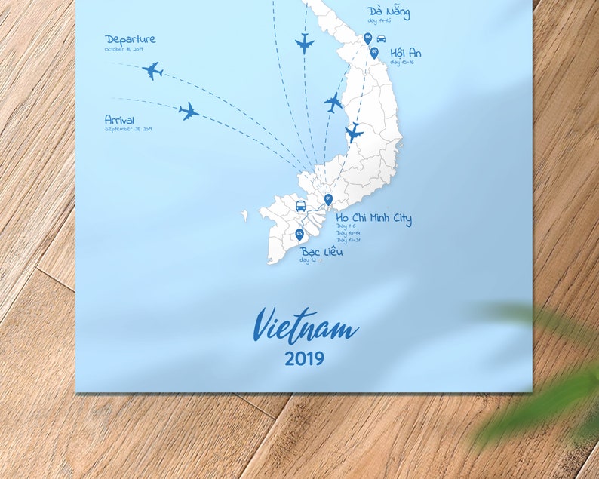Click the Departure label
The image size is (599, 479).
click(131, 39)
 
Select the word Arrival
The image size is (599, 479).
click(121, 119)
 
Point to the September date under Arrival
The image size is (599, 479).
click(128, 129)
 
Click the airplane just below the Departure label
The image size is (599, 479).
click(152, 71)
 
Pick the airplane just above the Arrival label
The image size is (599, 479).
click(189, 112)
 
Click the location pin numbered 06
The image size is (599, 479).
click(368, 38)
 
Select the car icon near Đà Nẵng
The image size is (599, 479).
click(381, 38)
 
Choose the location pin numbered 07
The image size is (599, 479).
click(374, 52)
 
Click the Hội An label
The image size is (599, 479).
click(406, 53)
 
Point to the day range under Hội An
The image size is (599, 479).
click(402, 63)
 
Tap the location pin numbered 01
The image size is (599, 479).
click(328, 199)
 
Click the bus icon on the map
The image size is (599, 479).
click(300, 206)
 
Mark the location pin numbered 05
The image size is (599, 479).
click(299, 234)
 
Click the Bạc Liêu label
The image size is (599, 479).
click(322, 251)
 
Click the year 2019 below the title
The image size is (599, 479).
click(305, 358)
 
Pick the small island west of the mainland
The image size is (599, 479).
click(244, 216)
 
